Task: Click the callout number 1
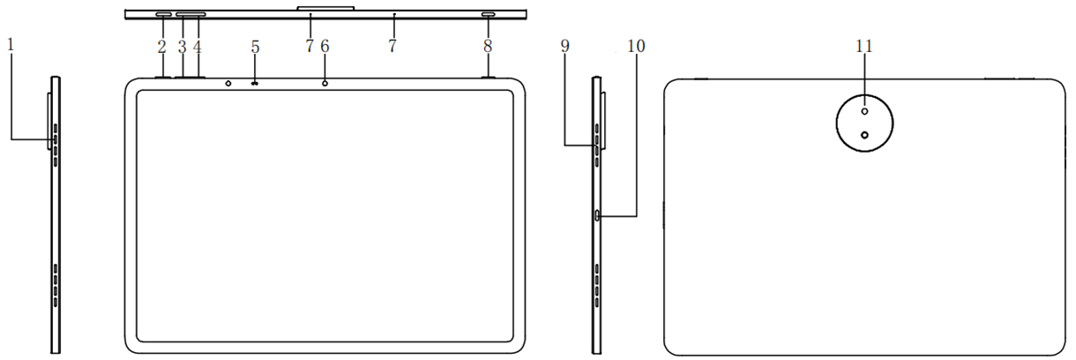pyautogui.click(x=11, y=45)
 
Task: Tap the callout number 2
pyautogui.click(x=162, y=47)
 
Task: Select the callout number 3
pyautogui.click(x=182, y=47)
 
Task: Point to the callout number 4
pyautogui.click(x=197, y=47)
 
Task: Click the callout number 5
pyautogui.click(x=255, y=47)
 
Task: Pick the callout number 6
pyautogui.click(x=325, y=46)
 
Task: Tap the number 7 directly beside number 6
pyautogui.click(x=310, y=46)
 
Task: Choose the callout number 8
pyautogui.click(x=488, y=46)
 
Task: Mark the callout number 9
pyautogui.click(x=564, y=46)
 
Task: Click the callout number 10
pyautogui.click(x=637, y=46)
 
